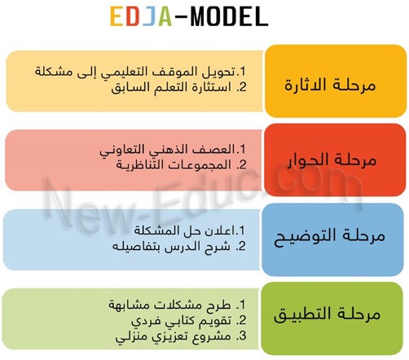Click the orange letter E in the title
point(117,16)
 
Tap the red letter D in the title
point(133,16)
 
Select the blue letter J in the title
point(149,16)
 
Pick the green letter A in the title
point(165,16)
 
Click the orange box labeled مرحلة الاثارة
point(336,81)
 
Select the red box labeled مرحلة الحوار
point(335,160)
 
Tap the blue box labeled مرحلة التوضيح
point(332,239)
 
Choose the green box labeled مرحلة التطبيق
point(332,318)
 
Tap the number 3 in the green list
point(242,336)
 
